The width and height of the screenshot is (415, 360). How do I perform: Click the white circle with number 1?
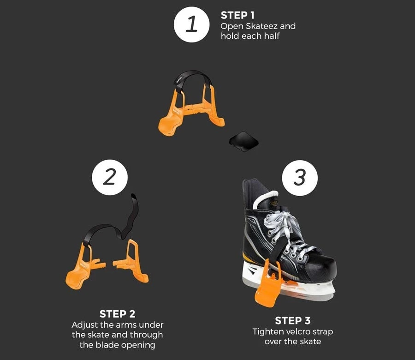coord(192,24)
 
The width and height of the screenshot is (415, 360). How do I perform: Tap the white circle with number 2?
coord(110,177)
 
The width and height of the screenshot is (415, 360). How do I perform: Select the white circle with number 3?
coord(300,178)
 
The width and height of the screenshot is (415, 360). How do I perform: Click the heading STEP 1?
coord(237,15)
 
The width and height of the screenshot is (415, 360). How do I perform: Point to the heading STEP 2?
coord(118,314)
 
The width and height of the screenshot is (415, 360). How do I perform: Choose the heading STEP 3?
coord(293,320)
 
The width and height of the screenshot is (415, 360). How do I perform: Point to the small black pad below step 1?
coord(244,141)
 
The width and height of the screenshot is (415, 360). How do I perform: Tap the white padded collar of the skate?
coord(265,198)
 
